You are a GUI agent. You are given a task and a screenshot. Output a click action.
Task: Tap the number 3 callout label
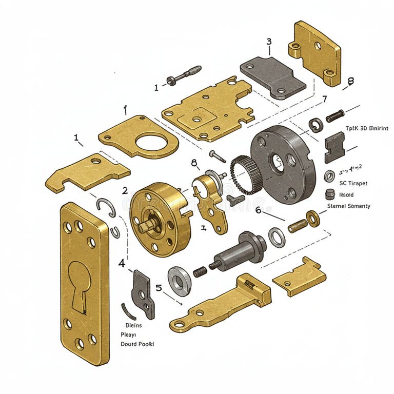(x=268, y=42)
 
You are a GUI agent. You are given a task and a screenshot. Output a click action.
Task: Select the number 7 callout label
(x=324, y=99)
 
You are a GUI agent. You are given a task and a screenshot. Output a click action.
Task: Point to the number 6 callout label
(x=258, y=210)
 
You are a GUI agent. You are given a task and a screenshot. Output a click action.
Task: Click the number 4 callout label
(x=122, y=263)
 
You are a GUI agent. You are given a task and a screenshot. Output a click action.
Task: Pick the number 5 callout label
(x=159, y=288)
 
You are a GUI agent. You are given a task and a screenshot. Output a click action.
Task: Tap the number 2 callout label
(x=125, y=190)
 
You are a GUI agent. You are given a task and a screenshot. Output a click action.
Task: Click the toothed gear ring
(x=241, y=174)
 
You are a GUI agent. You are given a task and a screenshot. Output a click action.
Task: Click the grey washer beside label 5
(x=180, y=280)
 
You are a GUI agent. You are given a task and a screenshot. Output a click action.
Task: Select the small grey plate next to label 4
(x=143, y=293)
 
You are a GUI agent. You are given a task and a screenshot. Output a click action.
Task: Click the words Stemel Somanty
(x=348, y=206)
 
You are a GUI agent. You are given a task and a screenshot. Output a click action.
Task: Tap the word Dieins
(x=133, y=325)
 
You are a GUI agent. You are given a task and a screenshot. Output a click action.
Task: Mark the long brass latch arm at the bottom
(x=221, y=305)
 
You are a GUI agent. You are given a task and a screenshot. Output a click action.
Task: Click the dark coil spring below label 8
(x=334, y=115)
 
